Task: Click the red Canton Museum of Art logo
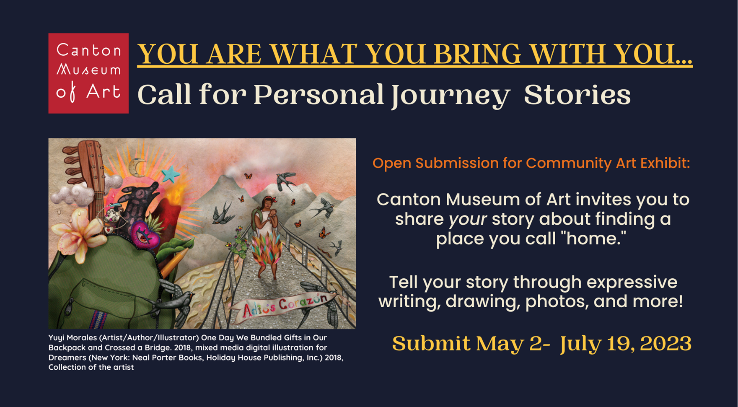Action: pyautogui.click(x=88, y=73)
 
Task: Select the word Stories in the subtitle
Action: pyautogui.click(x=577, y=95)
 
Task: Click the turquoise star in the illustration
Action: pyautogui.click(x=170, y=174)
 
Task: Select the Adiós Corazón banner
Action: pyautogui.click(x=284, y=305)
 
